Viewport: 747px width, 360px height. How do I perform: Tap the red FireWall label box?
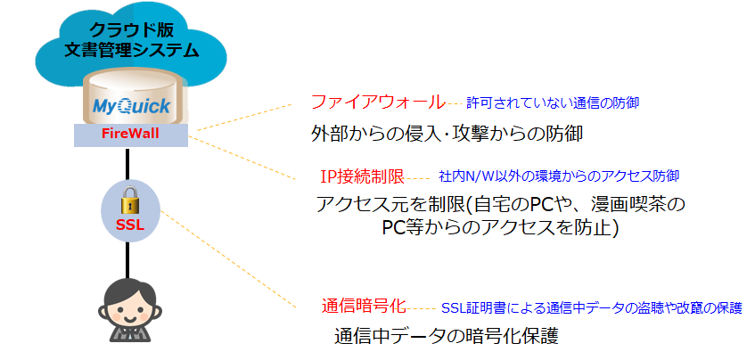[x=131, y=136]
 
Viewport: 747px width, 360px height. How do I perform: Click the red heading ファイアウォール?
[x=377, y=102]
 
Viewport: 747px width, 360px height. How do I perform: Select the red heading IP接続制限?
[x=362, y=176]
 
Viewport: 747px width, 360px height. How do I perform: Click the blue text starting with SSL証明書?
[x=591, y=308]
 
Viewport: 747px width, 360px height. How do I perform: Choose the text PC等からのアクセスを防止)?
[x=500, y=228]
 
